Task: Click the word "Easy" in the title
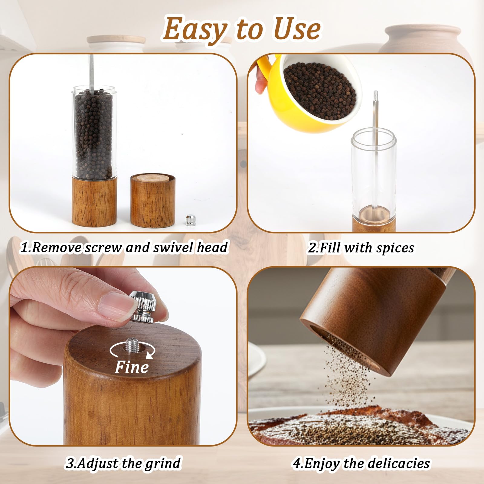coord(195,30)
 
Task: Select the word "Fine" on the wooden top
coord(132,368)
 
